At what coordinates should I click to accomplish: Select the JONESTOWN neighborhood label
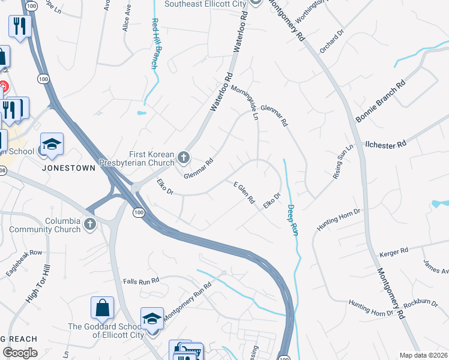pos(69,169)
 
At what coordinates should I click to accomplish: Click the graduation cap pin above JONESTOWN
pos(52,145)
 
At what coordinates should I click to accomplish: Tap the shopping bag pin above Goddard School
pos(102,308)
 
